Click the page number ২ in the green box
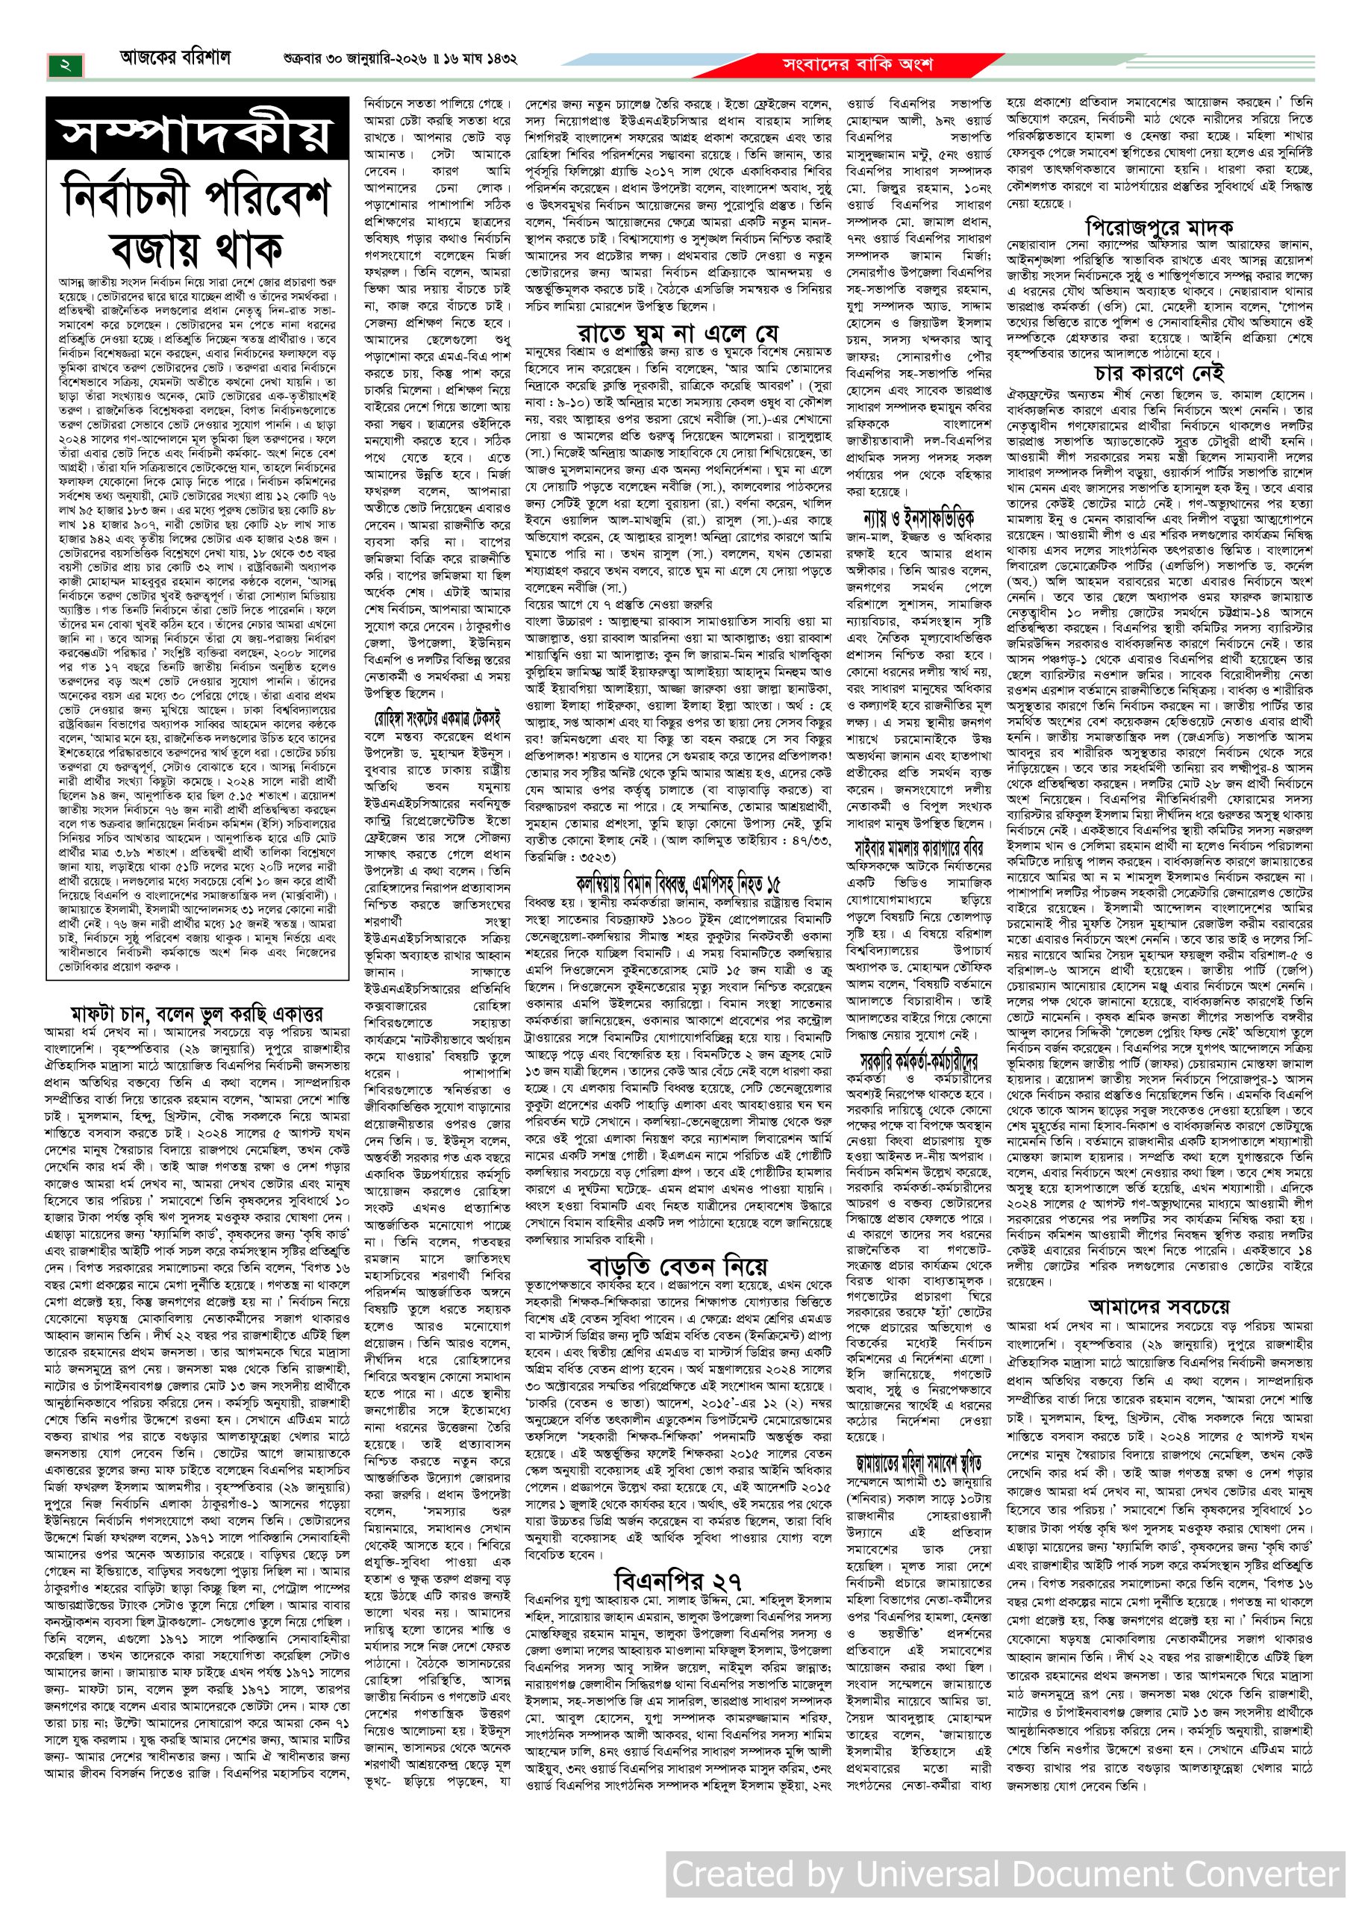click(x=65, y=64)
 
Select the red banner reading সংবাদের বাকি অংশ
click(x=856, y=64)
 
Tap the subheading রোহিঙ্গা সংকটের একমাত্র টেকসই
click(x=437, y=718)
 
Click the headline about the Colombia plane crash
click(x=678, y=883)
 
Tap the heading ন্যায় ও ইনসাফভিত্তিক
click(x=919, y=517)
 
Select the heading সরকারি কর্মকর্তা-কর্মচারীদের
click(x=919, y=1062)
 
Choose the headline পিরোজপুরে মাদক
click(x=1159, y=226)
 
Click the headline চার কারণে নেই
click(x=1159, y=372)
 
